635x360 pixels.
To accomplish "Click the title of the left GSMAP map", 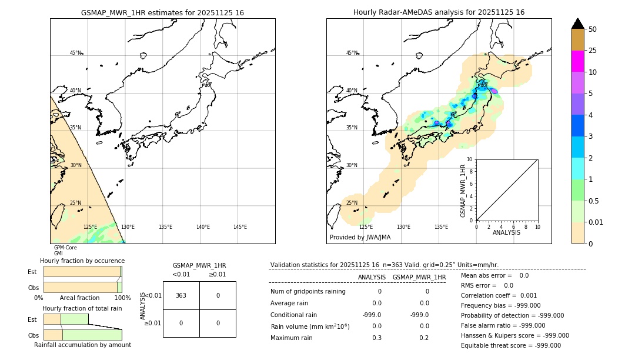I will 162,12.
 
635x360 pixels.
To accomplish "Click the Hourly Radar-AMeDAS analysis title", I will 439,12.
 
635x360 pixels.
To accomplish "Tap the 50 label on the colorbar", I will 593,29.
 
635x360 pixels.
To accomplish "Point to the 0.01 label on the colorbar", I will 596,222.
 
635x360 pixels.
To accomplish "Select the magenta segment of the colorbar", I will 577,61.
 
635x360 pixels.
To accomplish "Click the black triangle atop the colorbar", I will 577,24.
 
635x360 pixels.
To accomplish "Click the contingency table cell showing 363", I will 181,295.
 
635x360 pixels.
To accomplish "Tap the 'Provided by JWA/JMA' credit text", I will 360,238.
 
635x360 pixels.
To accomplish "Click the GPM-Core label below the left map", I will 65,248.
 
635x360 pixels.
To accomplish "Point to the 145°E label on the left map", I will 240,227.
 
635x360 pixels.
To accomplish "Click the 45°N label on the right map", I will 352,53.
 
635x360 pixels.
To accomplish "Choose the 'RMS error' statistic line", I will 487,285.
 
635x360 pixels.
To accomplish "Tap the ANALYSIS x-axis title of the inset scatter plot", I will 506,233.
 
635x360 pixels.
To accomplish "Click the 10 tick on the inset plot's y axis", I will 470,159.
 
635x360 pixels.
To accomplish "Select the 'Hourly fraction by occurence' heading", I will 82,261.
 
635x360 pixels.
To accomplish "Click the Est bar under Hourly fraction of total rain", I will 66,319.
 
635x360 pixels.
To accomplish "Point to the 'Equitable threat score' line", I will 510,345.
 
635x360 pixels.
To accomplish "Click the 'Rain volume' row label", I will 310,326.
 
